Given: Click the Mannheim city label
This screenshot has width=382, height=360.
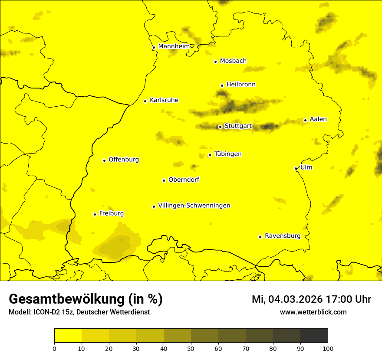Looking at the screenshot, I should click(174, 46).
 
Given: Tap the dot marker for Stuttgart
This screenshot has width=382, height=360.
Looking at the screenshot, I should click(220, 127).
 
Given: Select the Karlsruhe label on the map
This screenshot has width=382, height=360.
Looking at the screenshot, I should click(164, 100).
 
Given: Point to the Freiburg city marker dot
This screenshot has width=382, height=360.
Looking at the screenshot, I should click(95, 214).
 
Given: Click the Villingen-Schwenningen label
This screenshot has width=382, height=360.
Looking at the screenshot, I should click(194, 206).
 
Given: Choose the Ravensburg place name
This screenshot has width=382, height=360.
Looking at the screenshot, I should click(282, 236).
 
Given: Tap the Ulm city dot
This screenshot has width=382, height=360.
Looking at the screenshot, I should click(296, 168).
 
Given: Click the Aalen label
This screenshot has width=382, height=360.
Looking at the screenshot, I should click(318, 119).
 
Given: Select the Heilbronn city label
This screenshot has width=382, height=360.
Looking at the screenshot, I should click(241, 85).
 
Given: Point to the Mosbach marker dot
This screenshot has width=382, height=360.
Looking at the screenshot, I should click(215, 62).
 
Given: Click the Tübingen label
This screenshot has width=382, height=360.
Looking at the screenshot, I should click(227, 154).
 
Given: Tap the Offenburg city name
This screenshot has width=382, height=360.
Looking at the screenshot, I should click(123, 160).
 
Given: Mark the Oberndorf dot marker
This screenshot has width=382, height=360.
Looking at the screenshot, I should click(164, 180).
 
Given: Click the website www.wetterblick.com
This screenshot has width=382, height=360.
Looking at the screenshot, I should click(313, 312).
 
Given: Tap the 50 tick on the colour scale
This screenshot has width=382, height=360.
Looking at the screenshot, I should click(191, 348).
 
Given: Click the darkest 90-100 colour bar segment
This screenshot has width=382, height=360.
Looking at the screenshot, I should click(314, 336).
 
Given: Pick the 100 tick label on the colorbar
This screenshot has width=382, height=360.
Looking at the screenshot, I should click(328, 348).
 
